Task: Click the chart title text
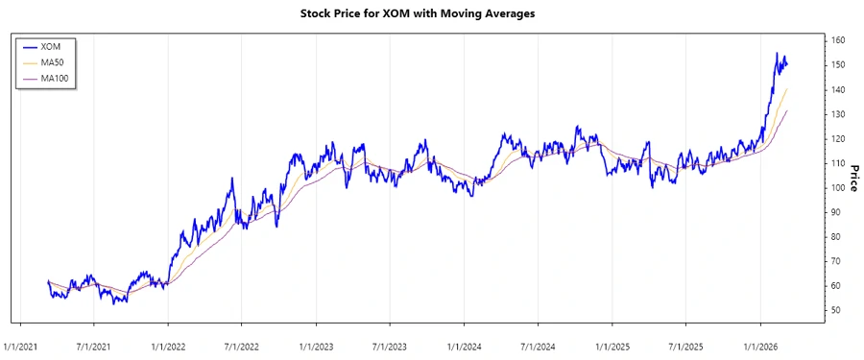click(x=431, y=14)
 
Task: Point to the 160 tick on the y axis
click(x=838, y=40)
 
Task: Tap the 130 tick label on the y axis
click(x=838, y=114)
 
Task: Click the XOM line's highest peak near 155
click(x=777, y=54)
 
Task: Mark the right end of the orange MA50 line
click(x=787, y=88)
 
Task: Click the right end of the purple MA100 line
click(x=787, y=110)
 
